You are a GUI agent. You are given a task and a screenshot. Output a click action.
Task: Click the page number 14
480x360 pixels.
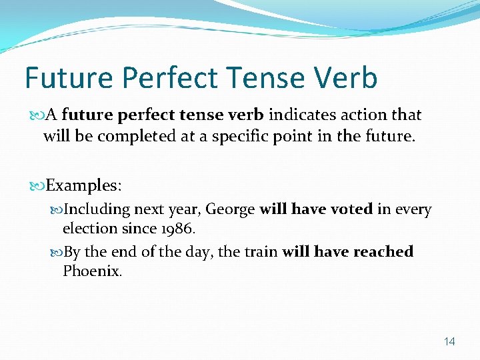(x=449, y=341)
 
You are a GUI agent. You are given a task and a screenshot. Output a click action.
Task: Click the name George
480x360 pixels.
(x=230, y=209)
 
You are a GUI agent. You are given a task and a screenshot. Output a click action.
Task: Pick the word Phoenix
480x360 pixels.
(x=92, y=271)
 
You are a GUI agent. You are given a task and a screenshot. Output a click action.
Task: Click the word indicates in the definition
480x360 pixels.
(x=303, y=115)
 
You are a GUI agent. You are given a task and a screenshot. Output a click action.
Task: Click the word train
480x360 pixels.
(x=259, y=252)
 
